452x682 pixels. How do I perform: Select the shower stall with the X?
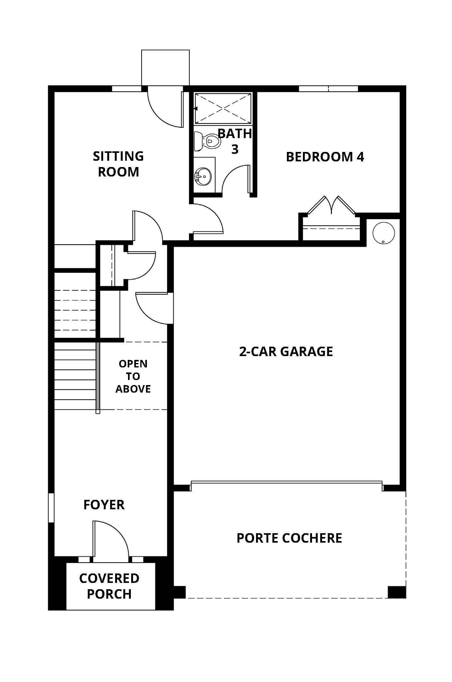click(223, 109)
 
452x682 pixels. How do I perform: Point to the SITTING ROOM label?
click(118, 164)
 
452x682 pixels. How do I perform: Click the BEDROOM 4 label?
click(325, 157)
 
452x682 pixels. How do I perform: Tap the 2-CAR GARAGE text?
click(286, 351)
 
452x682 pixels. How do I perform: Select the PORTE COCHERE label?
click(289, 538)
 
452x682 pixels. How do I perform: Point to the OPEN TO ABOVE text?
click(133, 376)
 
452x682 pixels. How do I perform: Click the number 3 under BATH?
click(235, 149)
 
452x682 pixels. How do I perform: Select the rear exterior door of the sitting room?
click(165, 109)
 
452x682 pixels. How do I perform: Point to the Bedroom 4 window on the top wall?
click(328, 88)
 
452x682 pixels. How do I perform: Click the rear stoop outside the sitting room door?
click(165, 68)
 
